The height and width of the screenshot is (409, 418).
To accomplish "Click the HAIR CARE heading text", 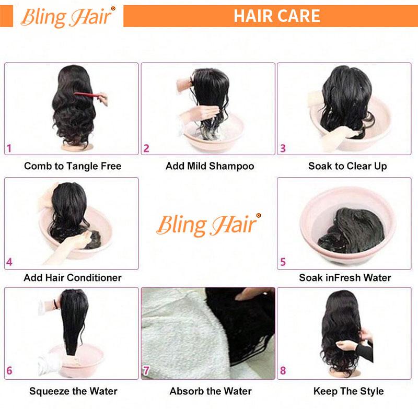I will [x=276, y=16].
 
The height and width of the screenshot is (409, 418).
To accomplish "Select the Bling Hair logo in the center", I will [x=208, y=225].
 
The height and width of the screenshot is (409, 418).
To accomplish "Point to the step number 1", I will [x=9, y=148].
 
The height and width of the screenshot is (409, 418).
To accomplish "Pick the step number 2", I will [x=146, y=148].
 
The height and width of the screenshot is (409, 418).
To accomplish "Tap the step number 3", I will [x=283, y=148].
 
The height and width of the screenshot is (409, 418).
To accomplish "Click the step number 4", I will [x=9, y=262].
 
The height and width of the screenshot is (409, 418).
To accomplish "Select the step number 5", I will [x=283, y=262].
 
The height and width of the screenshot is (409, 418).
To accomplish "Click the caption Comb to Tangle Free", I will [x=73, y=167].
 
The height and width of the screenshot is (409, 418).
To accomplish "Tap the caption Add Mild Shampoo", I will [x=210, y=167].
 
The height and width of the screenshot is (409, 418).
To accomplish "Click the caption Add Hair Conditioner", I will [x=73, y=278].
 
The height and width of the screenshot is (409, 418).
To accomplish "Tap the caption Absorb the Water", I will [x=211, y=391].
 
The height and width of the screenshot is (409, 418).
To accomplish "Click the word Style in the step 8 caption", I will [x=372, y=391].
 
